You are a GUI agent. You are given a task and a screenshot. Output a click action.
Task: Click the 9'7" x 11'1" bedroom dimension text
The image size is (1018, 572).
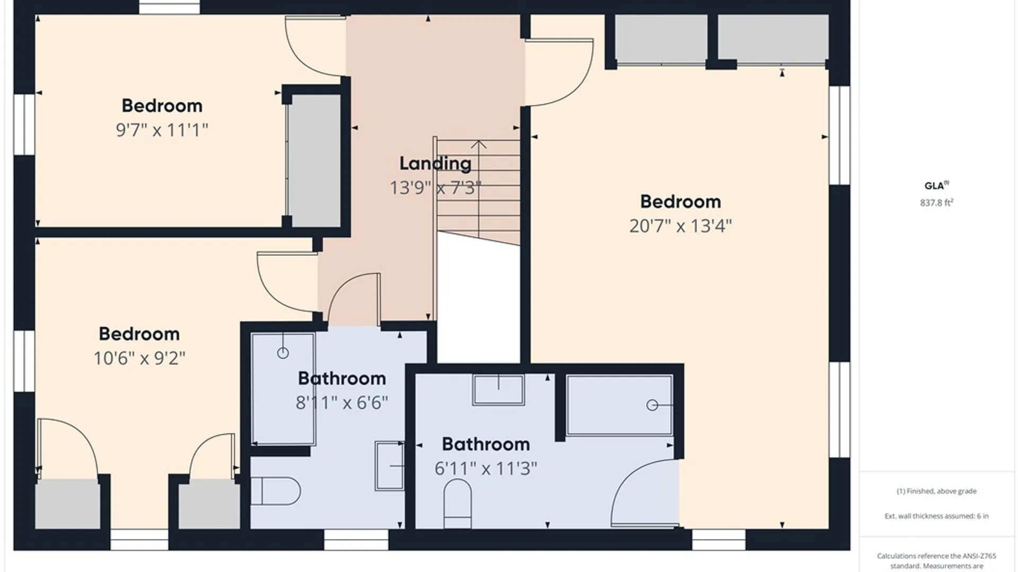162,130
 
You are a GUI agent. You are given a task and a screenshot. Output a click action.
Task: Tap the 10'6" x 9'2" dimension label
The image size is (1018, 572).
139,358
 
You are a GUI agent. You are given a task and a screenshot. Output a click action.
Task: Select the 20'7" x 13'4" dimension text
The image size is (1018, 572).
680,226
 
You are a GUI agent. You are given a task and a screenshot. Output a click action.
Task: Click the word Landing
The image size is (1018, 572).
435,164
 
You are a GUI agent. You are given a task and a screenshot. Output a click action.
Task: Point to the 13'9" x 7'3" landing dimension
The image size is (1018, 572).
435,188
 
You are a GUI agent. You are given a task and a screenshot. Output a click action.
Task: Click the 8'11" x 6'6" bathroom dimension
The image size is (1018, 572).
342,403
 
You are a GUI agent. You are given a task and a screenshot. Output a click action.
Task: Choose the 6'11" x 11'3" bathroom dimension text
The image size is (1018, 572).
486,468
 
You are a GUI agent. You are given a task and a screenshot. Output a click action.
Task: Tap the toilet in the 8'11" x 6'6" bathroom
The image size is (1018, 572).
275,491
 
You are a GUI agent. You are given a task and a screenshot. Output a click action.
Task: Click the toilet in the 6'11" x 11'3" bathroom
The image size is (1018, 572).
458,504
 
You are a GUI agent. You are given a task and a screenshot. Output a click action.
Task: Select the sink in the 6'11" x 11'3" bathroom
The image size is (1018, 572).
498,390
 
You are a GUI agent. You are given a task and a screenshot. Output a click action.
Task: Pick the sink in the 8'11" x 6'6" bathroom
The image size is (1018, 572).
390,466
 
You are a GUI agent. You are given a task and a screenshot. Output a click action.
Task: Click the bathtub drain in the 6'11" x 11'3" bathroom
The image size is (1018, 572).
652,405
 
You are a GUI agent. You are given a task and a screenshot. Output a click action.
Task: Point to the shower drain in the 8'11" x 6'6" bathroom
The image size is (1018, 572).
283,353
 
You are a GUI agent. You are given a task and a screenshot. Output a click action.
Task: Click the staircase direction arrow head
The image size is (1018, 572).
479,144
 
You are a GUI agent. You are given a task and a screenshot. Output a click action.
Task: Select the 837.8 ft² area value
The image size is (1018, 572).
936,202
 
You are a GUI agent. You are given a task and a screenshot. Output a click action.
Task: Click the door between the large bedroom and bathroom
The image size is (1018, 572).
645,493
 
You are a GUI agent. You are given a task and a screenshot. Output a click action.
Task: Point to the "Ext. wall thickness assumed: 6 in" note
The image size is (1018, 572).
936,516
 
